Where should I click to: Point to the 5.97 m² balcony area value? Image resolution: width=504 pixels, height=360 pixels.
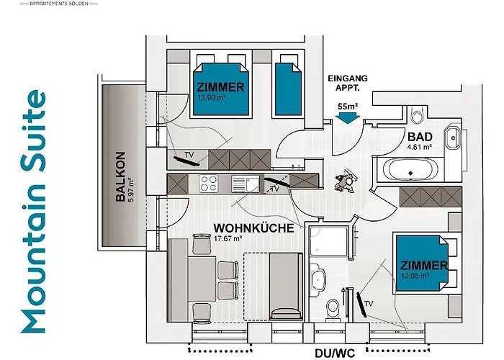[132, 190]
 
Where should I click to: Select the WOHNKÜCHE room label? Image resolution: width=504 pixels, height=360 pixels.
[253, 228]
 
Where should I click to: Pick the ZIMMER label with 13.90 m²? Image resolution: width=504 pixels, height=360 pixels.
[220, 87]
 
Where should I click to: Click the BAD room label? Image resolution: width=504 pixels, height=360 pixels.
[420, 137]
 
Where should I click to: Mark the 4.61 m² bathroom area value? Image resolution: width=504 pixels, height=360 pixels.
[419, 147]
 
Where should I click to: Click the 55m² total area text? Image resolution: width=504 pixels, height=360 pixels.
[348, 107]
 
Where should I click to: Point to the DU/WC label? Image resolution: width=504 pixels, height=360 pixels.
[336, 354]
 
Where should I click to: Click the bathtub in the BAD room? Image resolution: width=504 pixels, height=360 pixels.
[408, 171]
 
